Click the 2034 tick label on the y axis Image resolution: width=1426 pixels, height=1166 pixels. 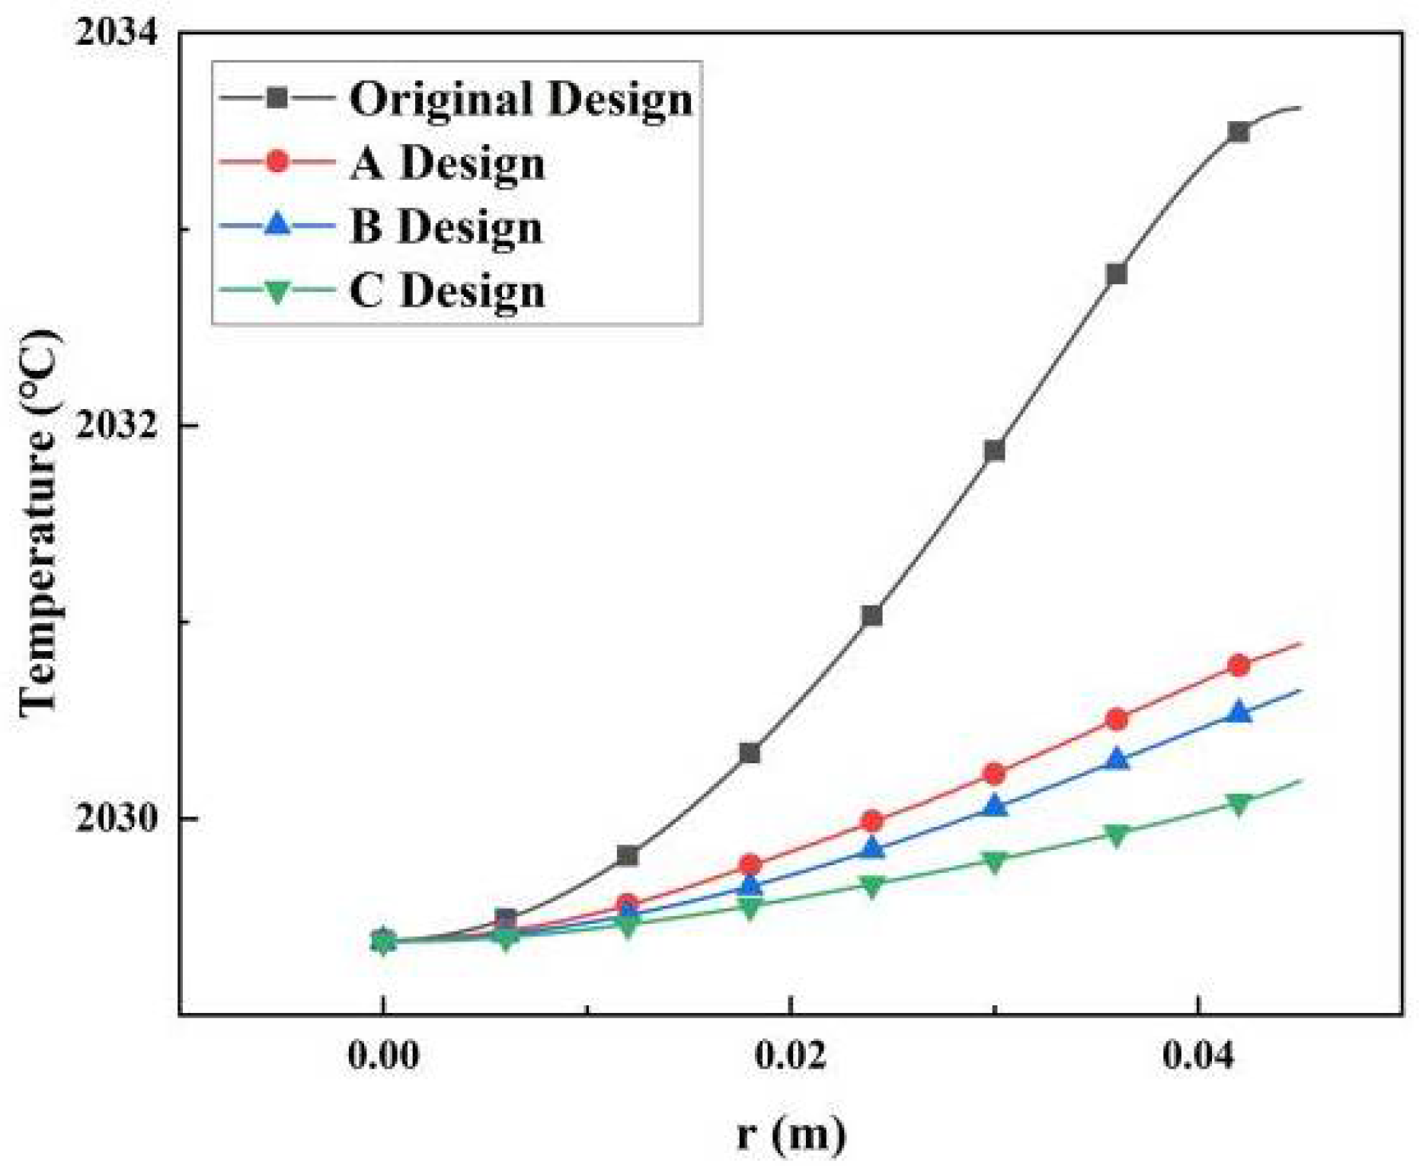117,34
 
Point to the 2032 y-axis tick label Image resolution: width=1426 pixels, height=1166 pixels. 117,425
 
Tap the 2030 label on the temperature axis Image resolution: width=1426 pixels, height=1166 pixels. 117,819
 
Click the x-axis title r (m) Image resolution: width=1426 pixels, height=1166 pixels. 791,1133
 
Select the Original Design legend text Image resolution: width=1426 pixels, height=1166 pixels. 521,99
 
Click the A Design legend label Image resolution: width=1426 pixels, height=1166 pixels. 448,163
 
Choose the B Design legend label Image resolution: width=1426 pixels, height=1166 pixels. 446,227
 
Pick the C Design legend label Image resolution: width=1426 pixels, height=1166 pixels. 448,291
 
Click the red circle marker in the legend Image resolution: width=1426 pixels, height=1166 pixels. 277,161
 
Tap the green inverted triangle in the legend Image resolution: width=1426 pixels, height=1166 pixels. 277,291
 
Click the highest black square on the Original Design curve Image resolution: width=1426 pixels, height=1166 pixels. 1239,133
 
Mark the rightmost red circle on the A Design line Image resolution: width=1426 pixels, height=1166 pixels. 1239,666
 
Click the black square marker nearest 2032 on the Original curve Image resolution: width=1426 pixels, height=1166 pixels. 994,451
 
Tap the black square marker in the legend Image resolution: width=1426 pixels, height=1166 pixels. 277,97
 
